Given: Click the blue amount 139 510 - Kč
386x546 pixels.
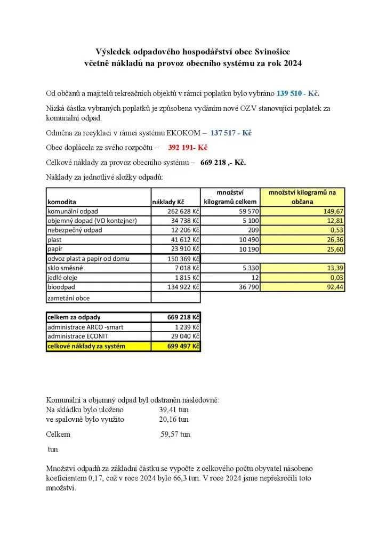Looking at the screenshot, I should click(297, 93).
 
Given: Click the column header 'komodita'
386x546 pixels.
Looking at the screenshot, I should click(62, 202).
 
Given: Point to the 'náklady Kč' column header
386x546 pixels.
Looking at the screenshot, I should click(168, 202).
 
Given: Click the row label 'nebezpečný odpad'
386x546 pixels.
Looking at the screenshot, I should click(74, 230).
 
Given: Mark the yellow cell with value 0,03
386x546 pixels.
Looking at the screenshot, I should click(336, 278).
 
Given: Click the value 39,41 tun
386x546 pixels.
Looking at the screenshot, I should click(174, 409).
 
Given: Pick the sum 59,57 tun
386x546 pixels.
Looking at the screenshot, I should click(175, 434).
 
